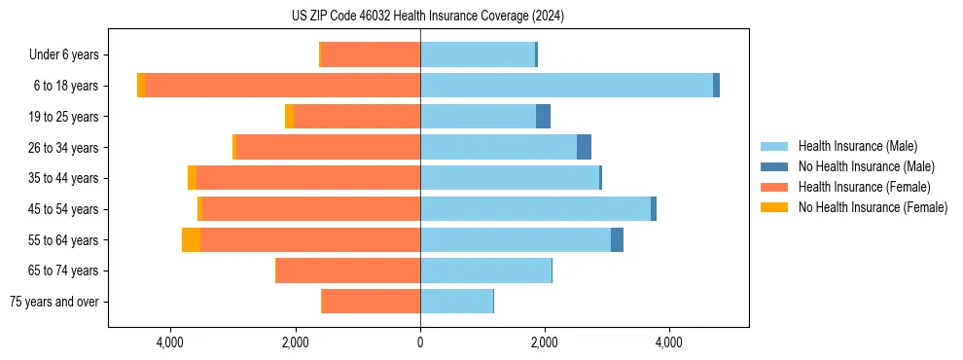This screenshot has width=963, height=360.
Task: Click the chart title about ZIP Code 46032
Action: pyautogui.click(x=428, y=16)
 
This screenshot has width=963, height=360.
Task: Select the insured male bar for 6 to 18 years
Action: pyautogui.click(x=566, y=86)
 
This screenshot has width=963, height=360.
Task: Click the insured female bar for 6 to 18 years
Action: pyautogui.click(x=282, y=86)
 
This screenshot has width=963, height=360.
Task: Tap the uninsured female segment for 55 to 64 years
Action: pyautogui.click(x=191, y=239)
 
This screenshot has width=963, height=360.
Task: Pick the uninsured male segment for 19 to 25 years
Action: pyautogui.click(x=543, y=117)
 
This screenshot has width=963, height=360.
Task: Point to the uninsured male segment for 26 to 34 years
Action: pyautogui.click(x=584, y=147)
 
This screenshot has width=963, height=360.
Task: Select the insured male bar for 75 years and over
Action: pyautogui.click(x=456, y=302)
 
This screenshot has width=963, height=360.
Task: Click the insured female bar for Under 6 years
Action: pyautogui.click(x=371, y=54)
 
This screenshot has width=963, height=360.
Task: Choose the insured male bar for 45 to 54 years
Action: pyautogui.click(x=535, y=209)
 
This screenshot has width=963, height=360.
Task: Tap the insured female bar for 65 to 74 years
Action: pyautogui.click(x=348, y=270)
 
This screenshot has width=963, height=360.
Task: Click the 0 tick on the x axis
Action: pyautogui.click(x=420, y=342)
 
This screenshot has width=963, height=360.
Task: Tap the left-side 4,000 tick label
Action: pyautogui.click(x=170, y=342)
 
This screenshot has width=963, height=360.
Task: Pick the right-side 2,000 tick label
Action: pyautogui.click(x=545, y=342)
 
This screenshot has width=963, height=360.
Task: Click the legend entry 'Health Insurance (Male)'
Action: pyautogui.click(x=857, y=146)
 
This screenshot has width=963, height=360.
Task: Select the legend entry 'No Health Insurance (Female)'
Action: pyautogui.click(x=873, y=207)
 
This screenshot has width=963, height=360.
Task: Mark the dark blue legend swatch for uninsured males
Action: pyautogui.click(x=775, y=166)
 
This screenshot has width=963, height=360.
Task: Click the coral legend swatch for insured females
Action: pyautogui.click(x=775, y=187)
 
